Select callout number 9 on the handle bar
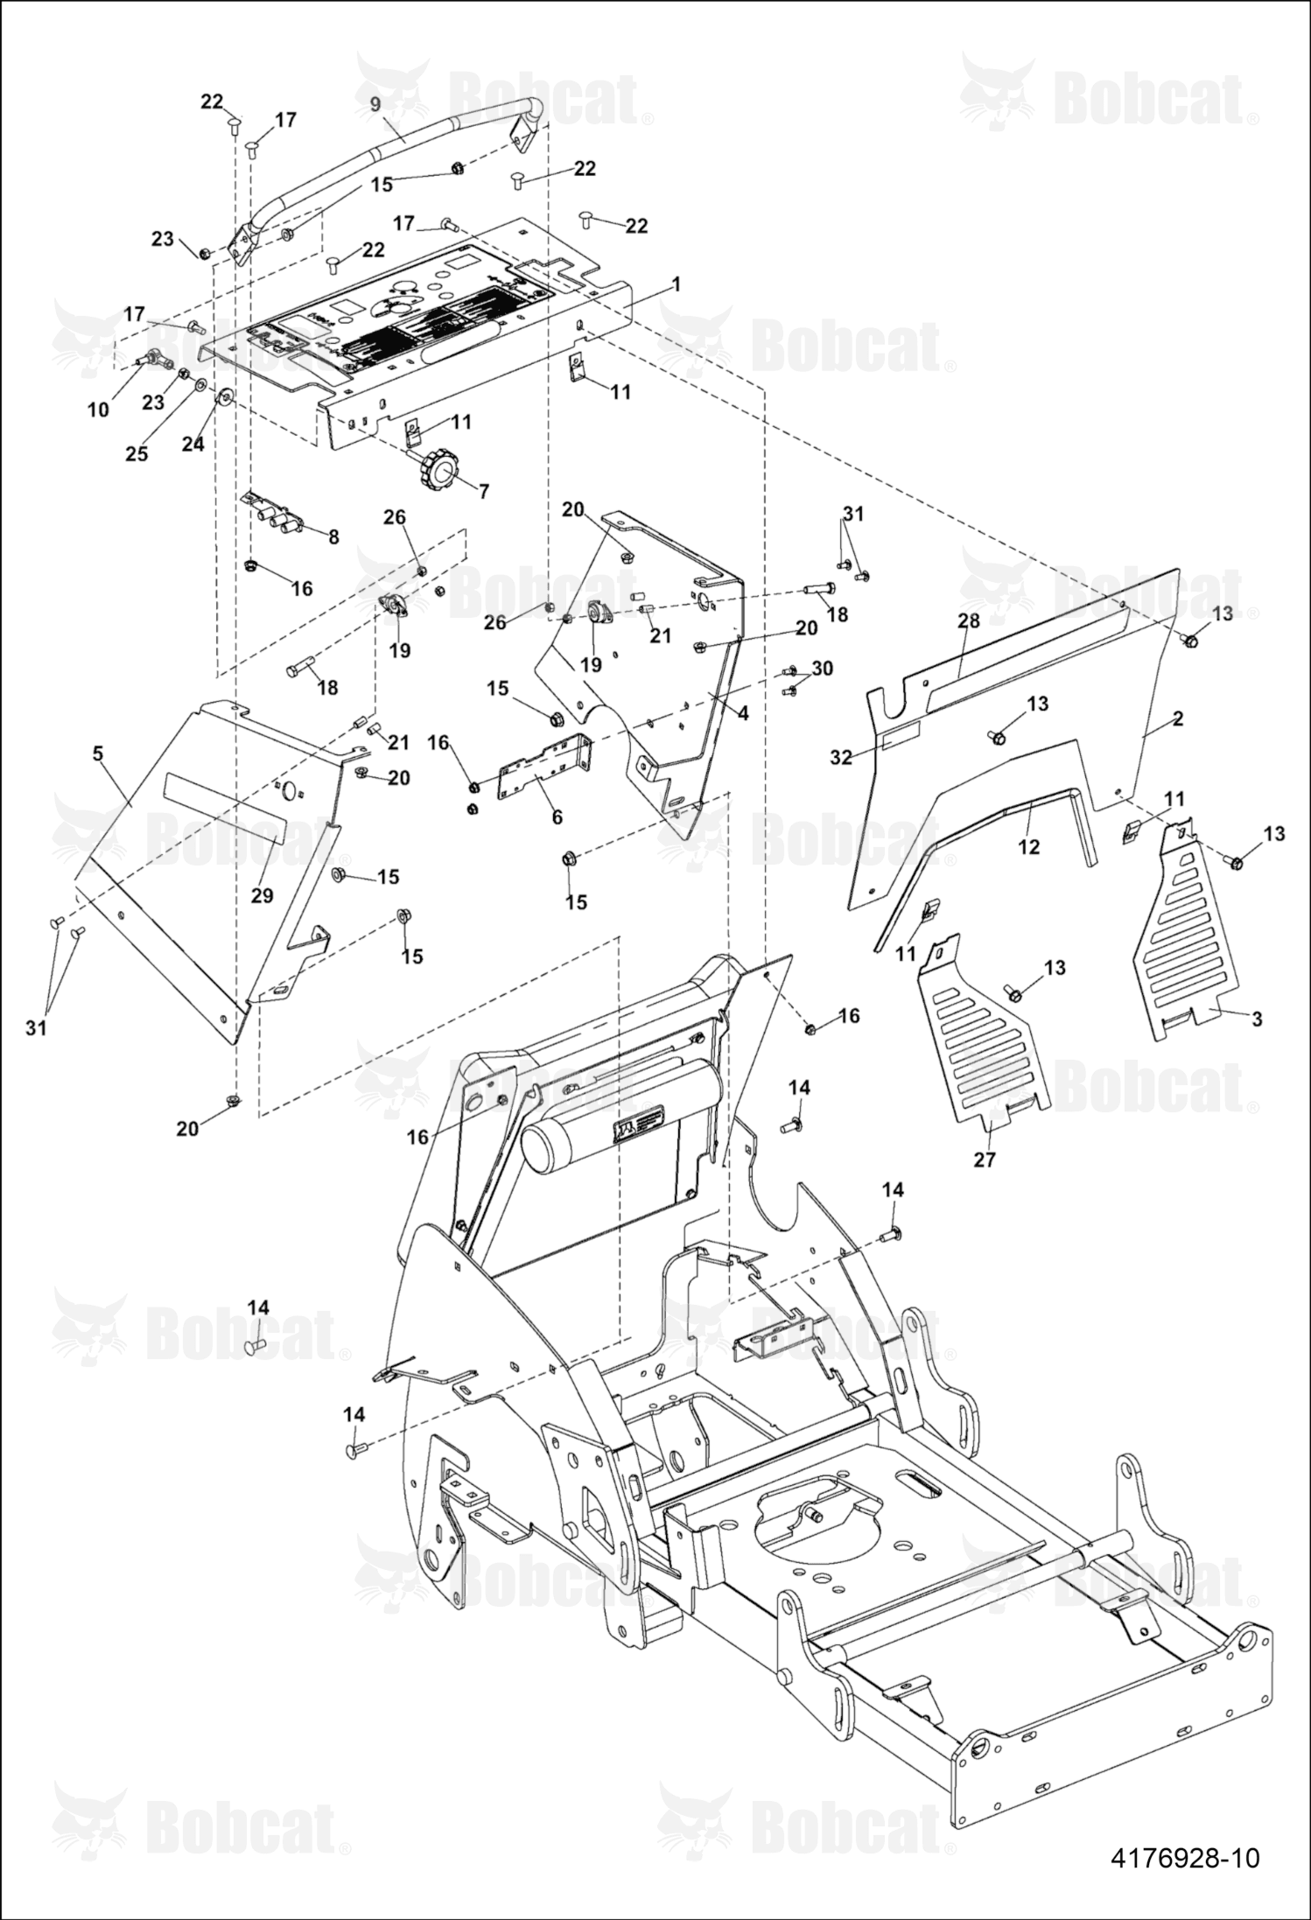click(x=375, y=104)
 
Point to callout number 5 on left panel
click(x=97, y=752)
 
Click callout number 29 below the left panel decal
click(x=262, y=895)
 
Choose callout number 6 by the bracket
click(x=557, y=818)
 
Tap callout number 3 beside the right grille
click(x=1258, y=1019)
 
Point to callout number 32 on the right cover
click(x=841, y=758)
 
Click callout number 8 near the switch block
click(x=333, y=536)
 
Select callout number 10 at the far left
click(x=99, y=410)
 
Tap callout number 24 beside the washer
click(x=193, y=444)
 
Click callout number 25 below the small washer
click(x=137, y=453)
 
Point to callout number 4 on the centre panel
click(x=743, y=713)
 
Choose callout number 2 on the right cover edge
click(x=1178, y=718)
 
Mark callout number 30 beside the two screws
click(x=822, y=668)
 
